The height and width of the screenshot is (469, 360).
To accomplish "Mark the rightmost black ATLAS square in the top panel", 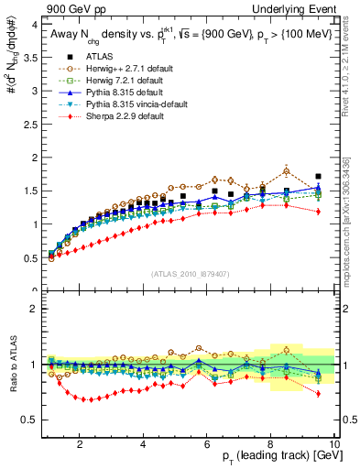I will tap(318, 176).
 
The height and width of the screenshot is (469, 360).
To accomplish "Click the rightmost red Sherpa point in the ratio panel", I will tap(318, 394).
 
